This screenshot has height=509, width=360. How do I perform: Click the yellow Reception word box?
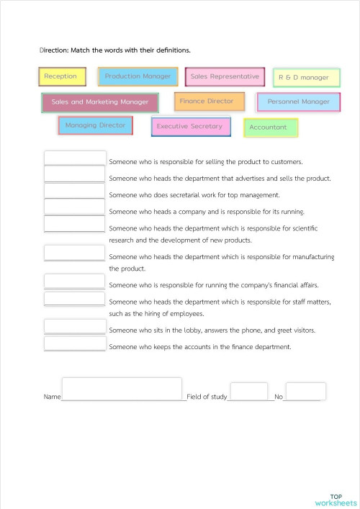[x=62, y=76]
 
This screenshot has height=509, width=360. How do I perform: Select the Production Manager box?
[x=138, y=76]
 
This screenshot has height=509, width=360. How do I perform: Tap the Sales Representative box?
[x=225, y=76]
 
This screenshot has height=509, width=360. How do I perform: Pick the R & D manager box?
[x=306, y=77]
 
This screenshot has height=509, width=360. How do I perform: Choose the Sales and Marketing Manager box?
[x=100, y=102]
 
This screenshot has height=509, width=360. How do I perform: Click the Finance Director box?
[x=209, y=102]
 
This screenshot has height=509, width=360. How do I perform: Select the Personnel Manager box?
[x=298, y=102]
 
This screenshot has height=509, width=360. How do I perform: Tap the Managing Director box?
[x=95, y=125]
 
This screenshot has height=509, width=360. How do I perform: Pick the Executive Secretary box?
[x=190, y=127]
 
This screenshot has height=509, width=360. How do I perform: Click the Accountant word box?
[x=270, y=127]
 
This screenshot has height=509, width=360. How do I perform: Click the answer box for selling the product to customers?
[x=75, y=158]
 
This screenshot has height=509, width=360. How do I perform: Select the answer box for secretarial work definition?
[x=75, y=191]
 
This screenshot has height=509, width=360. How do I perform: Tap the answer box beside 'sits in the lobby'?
[x=75, y=326]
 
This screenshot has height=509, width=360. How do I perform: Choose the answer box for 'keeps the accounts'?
[x=75, y=343]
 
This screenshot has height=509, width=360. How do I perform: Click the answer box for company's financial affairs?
[x=75, y=281]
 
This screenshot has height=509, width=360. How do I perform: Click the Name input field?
[x=122, y=388]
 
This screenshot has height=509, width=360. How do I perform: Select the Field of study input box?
[x=248, y=392]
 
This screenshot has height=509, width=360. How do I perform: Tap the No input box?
[x=305, y=392]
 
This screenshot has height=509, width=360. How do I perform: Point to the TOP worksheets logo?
[x=336, y=500]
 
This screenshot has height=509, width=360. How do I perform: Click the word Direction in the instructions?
[x=53, y=50]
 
